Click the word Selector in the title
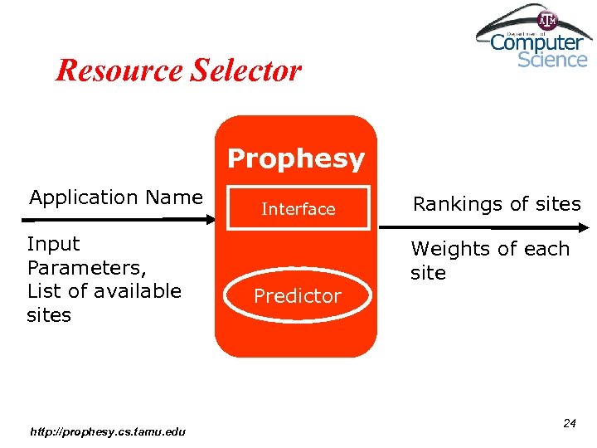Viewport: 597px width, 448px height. tap(246, 70)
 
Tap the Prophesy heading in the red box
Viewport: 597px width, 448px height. tap(296, 158)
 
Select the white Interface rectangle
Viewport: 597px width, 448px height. tap(298, 209)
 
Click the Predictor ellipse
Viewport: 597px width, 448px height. tap(297, 296)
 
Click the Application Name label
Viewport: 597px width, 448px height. tap(116, 197)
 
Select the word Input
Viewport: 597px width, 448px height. tap(54, 244)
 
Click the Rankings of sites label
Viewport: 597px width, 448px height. tap(497, 204)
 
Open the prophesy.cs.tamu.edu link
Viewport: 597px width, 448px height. tap(107, 431)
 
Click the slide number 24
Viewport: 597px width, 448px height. tap(569, 423)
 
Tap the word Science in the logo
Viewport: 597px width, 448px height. tap(552, 59)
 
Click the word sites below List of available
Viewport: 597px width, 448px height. tap(49, 315)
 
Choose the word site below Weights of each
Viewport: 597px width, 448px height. tap(428, 273)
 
